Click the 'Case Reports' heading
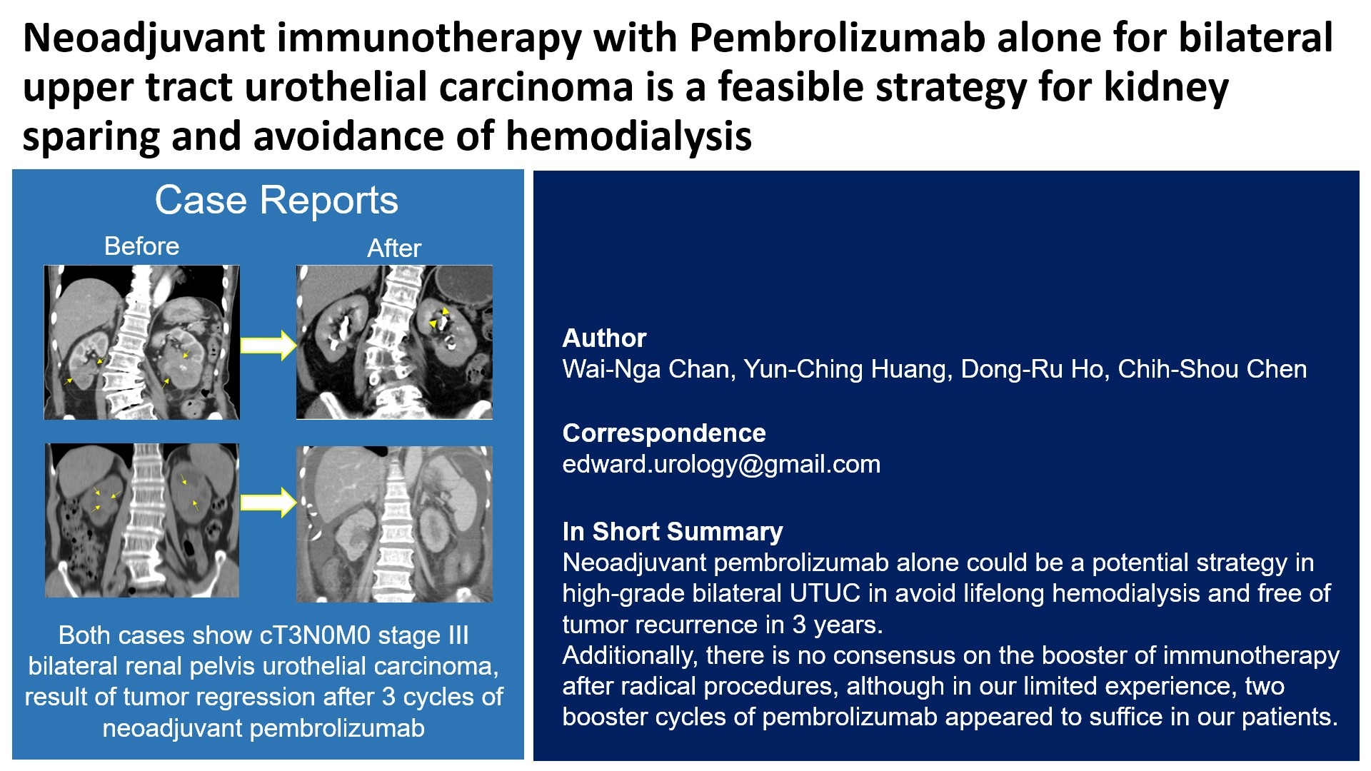click(276, 200)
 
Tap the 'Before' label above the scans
click(141, 246)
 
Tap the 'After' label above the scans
click(394, 248)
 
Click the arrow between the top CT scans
click(268, 346)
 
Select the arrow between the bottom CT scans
click(268, 502)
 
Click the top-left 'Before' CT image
click(141, 342)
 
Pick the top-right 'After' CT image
click(394, 342)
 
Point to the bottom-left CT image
click(141, 520)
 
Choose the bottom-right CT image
click(394, 525)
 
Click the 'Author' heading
click(604, 338)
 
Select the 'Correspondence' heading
click(664, 433)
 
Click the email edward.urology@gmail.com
click(721, 465)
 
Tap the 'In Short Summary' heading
click(673, 532)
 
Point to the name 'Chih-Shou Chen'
click(1212, 369)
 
